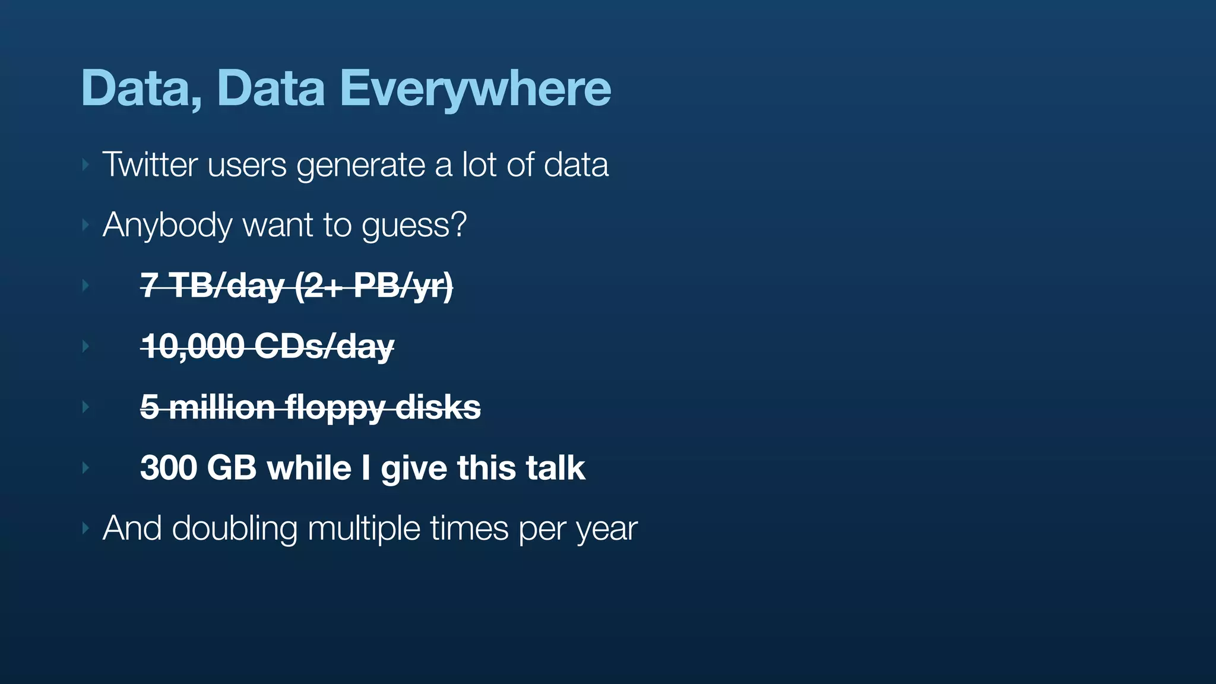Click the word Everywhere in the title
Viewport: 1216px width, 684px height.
pos(475,89)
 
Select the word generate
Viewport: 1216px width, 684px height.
pos(361,166)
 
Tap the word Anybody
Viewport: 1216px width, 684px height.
pos(167,226)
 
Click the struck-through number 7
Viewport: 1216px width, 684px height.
pos(148,286)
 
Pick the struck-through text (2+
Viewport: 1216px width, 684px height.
pos(318,286)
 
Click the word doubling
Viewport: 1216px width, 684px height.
pos(235,528)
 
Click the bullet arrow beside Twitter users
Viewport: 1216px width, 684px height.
pos(85,164)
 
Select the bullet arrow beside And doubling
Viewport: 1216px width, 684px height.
pos(85,528)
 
